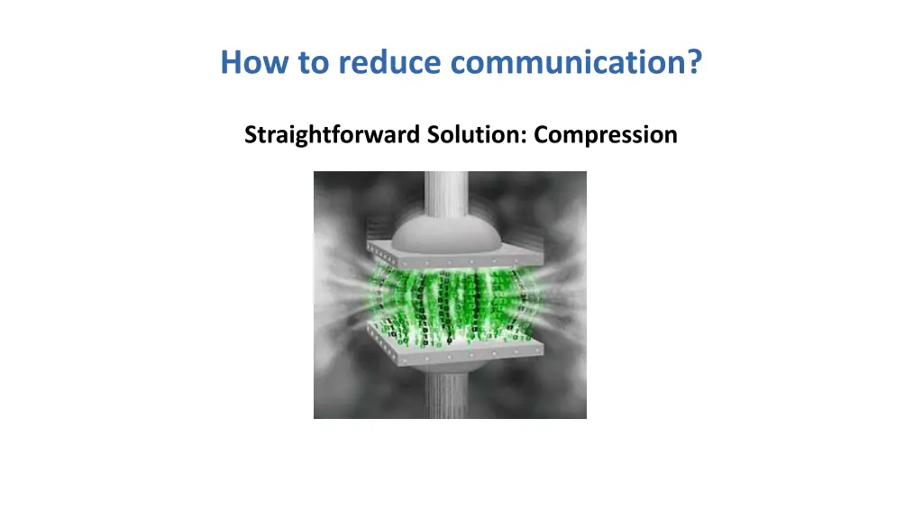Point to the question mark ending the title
point(694,63)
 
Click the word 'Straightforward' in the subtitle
point(325,135)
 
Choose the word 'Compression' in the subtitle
point(605,136)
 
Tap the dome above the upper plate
point(450,225)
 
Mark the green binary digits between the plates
point(451,302)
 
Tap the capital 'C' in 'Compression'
point(540,135)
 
